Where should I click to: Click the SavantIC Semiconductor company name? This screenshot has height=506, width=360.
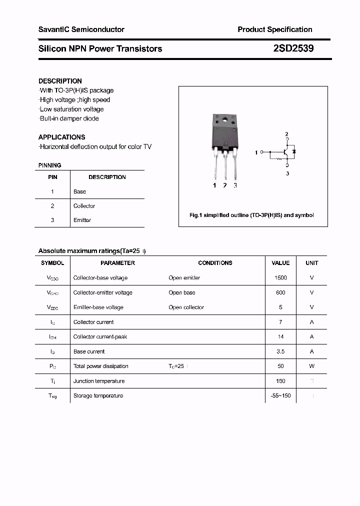click(x=81, y=29)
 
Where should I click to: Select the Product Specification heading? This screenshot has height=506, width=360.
click(x=274, y=29)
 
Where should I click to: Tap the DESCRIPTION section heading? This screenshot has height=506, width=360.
click(x=60, y=81)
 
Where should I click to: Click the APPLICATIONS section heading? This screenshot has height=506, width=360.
click(x=61, y=137)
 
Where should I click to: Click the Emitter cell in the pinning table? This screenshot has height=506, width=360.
click(x=82, y=220)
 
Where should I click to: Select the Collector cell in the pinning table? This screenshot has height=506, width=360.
click(x=84, y=206)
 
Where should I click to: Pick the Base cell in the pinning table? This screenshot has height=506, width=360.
click(x=79, y=191)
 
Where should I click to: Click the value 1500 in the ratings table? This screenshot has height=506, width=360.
click(x=280, y=277)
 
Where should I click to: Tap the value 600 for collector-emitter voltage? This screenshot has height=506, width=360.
click(x=280, y=292)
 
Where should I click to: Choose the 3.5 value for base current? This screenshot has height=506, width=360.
click(x=280, y=351)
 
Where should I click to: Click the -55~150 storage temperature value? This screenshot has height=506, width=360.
click(x=280, y=395)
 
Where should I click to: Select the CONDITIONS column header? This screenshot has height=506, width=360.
click(x=215, y=263)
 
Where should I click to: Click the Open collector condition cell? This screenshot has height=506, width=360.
click(x=186, y=307)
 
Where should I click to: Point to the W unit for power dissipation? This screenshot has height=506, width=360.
click(x=311, y=366)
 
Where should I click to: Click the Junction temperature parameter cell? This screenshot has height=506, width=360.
click(x=98, y=381)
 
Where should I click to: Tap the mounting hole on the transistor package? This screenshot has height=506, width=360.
click(x=225, y=119)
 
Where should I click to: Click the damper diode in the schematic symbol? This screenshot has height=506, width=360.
click(x=294, y=151)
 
